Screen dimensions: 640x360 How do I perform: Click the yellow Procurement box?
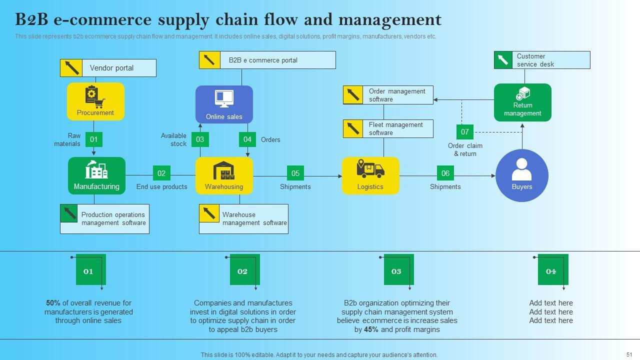pyautogui.click(x=95, y=101)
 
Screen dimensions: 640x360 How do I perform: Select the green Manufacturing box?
pyautogui.click(x=96, y=175)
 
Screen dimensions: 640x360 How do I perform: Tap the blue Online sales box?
pyautogui.click(x=224, y=104)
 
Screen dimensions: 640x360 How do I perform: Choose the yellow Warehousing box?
pyautogui.click(x=224, y=175)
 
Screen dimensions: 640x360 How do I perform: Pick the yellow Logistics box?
pyautogui.click(x=370, y=175)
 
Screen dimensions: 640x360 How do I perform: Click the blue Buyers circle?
pyautogui.click(x=522, y=175)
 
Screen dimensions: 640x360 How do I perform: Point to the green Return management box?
pyautogui.click(x=522, y=102)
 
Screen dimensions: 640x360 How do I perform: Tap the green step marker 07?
pyautogui.click(x=465, y=132)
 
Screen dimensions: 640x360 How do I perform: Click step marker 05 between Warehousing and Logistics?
pyautogui.click(x=295, y=173)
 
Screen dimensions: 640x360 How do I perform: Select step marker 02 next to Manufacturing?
pyautogui.click(x=161, y=173)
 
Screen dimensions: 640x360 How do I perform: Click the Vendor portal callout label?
pyautogui.click(x=108, y=68)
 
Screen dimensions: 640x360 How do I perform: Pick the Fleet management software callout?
pyautogui.click(x=388, y=129)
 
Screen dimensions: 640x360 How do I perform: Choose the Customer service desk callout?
pyautogui.click(x=542, y=60)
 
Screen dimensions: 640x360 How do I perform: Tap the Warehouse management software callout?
pyautogui.click(x=243, y=219)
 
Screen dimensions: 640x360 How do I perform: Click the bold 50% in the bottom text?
pyautogui.click(x=53, y=303)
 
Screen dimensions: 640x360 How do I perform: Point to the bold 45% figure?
pyautogui.click(x=371, y=329)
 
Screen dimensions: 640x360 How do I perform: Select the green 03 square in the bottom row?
pyautogui.click(x=398, y=269)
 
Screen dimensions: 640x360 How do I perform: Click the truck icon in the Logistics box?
pyautogui.click(x=370, y=168)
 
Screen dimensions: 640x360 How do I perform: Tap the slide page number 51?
pyautogui.click(x=629, y=354)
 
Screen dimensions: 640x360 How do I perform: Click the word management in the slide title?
pyautogui.click(x=390, y=20)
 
